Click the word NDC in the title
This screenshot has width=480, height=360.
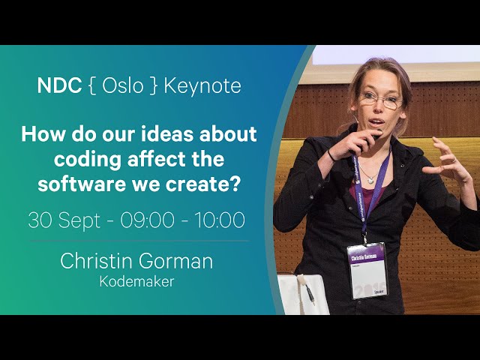(59, 85)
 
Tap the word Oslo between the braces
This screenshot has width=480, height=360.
(123, 85)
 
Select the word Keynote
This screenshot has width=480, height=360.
(202, 85)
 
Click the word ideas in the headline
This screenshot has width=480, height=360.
(158, 134)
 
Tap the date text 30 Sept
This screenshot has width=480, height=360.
(64, 220)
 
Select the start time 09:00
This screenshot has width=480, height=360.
(147, 220)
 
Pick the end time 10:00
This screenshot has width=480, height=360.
(220, 220)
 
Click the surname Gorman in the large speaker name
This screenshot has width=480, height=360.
(175, 261)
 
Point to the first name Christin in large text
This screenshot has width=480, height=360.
(96, 261)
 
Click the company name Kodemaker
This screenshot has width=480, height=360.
(136, 282)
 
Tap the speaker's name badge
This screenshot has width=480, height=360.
(367, 271)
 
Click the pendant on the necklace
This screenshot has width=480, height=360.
(370, 180)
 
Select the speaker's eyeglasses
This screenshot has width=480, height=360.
(380, 100)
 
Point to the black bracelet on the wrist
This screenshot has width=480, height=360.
(331, 155)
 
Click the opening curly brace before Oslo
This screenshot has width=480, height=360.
(91, 85)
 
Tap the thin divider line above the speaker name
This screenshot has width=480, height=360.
(139, 241)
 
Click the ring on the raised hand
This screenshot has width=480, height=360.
(454, 160)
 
